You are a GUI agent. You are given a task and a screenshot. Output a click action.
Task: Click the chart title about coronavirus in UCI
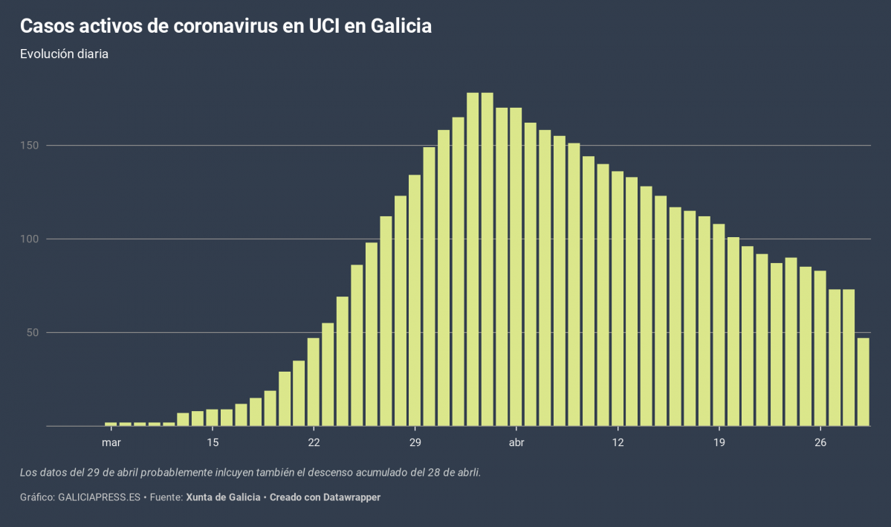coord(225,26)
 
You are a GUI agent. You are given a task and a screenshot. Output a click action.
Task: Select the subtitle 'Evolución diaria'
coord(64,54)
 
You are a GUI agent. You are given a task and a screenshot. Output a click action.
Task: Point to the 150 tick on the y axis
coord(30,145)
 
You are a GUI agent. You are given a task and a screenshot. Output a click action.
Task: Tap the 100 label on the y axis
coord(30,239)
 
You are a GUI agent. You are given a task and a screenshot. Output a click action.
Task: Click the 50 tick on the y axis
coord(33,332)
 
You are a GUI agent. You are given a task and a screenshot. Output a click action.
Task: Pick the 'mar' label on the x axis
coord(111,443)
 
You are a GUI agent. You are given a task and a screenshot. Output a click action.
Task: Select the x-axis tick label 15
coord(213,443)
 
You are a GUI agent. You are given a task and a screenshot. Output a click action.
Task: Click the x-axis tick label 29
coord(415,443)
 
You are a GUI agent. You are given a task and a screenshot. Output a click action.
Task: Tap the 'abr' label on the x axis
coord(516,443)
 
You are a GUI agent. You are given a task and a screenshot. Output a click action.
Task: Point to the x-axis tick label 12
coord(618,443)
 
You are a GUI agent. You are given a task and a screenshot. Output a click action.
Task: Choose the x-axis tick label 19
coord(719,443)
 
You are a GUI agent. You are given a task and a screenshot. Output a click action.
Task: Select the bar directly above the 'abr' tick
coord(516,267)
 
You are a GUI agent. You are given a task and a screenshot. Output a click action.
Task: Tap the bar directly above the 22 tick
coord(314,382)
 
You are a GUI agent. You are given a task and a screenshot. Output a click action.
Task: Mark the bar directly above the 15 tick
coord(213,418)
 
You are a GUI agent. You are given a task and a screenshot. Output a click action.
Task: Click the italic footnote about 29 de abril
coord(250,472)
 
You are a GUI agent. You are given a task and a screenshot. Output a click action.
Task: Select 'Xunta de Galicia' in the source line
coord(222,497)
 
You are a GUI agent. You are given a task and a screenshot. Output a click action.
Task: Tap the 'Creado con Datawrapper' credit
coord(325,497)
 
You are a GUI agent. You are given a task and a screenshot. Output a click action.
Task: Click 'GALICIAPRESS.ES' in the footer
coord(99,497)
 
